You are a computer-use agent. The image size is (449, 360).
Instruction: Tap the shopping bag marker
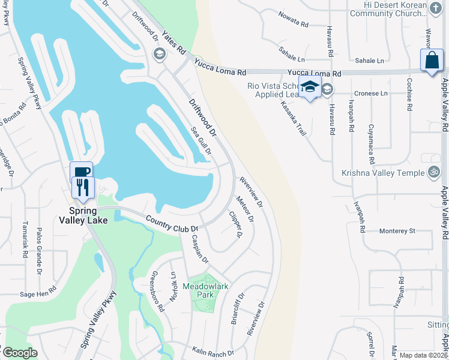coord(432,61)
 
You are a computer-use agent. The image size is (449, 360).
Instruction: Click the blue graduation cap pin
coord(310,87)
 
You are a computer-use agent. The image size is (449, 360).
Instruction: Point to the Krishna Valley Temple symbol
coord(435,173)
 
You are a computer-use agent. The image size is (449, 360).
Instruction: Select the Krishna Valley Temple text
coord(383,173)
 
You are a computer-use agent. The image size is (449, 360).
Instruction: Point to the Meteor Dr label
coord(244,209)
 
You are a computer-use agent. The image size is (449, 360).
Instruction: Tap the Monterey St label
coord(397,230)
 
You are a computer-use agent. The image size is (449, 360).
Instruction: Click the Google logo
coord(20,352)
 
